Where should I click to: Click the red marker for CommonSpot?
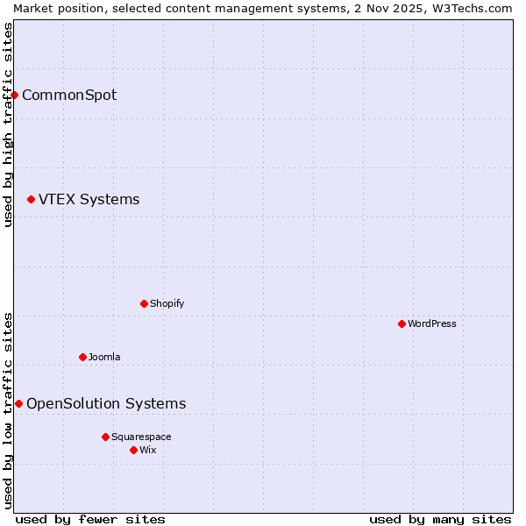point(15,95)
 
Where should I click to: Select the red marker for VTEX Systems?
point(32,200)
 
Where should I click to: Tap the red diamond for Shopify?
point(144,303)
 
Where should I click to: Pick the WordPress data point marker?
point(402,323)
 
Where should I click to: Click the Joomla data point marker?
point(82,357)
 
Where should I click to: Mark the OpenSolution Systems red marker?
point(18,403)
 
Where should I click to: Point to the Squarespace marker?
point(105,437)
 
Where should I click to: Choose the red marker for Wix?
point(133,450)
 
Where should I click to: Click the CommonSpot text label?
point(69,95)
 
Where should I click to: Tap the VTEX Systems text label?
point(89,200)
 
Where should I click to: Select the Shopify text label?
point(167,303)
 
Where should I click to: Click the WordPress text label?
point(432,323)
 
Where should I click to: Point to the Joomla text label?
point(104,357)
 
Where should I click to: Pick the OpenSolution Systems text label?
point(106,403)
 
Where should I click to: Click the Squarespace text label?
point(141,437)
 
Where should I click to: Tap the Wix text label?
point(148,450)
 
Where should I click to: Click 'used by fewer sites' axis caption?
point(90,519)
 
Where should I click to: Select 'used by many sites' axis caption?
point(440,519)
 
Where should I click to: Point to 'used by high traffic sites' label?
point(8,124)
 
